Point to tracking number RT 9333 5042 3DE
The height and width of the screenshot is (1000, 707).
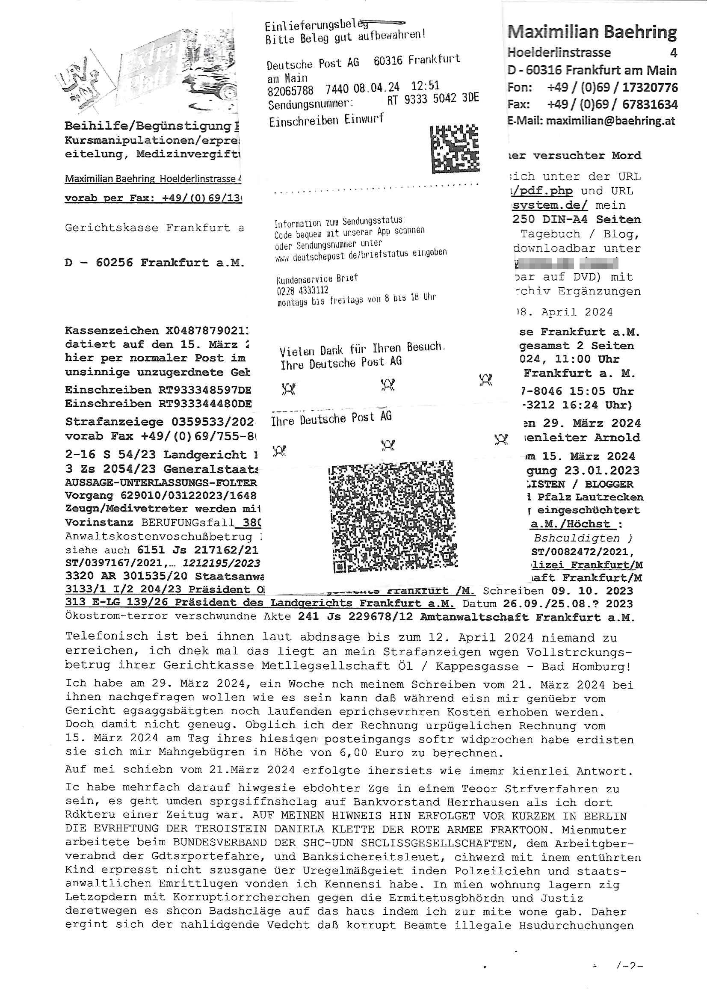tap(432, 99)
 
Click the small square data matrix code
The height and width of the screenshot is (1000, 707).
tap(454, 148)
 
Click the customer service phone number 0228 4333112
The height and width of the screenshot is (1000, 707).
tap(302, 290)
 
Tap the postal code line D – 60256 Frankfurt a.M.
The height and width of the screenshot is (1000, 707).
tap(155, 263)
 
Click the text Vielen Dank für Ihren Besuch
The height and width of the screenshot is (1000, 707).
tap(361, 349)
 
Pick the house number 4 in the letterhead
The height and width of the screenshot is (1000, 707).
tap(673, 53)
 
